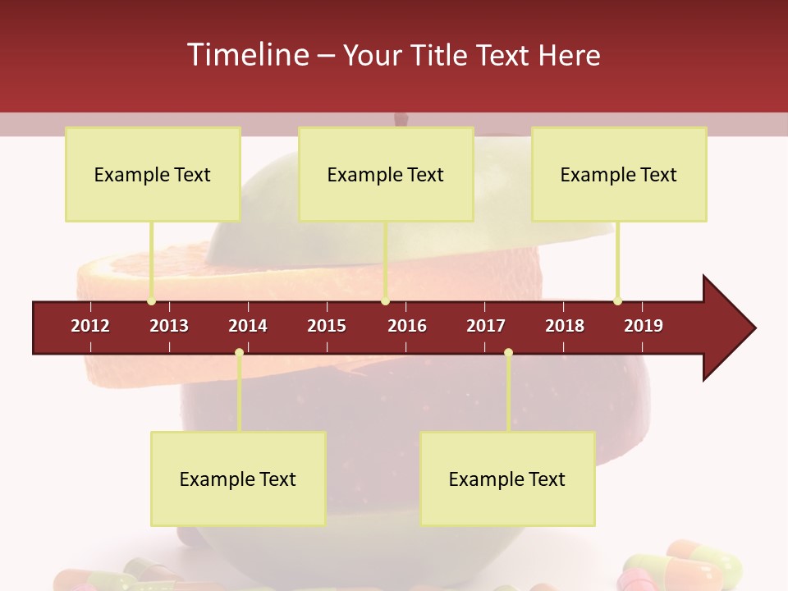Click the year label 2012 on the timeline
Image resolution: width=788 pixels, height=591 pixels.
90,326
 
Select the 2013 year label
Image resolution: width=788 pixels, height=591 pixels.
169,326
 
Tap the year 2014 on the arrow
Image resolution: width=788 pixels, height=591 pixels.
248,326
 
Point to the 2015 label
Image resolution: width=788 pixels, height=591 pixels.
327,326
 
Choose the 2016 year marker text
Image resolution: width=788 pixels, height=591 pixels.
407,326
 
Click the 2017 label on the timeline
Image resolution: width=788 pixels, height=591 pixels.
486,326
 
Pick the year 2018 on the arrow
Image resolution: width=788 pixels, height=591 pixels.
565,326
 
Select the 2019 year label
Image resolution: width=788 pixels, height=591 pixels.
644,326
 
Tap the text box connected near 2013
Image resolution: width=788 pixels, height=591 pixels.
153,174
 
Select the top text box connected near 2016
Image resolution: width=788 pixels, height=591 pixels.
386,174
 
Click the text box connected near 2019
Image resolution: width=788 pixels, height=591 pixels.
619,174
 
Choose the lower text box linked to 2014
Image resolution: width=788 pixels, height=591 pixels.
238,479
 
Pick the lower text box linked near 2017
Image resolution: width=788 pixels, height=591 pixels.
507,479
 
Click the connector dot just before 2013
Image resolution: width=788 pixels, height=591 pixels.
151,301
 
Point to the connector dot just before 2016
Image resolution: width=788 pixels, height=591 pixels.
386,301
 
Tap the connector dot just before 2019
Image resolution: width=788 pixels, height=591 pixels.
617,301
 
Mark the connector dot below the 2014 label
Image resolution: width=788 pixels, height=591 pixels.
239,353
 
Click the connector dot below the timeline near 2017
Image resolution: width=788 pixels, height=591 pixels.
508,353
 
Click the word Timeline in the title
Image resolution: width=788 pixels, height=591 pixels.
246,55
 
